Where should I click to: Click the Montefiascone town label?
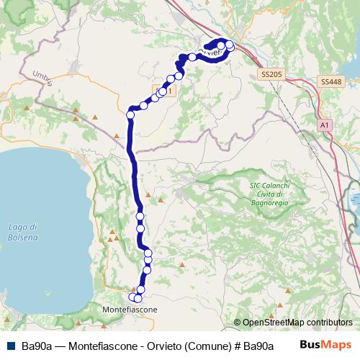pyautogui.click(x=127, y=309)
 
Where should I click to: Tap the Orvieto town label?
pyautogui.click(x=209, y=52)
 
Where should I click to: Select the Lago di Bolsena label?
pyautogui.click(x=23, y=232)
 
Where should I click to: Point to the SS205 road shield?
pyautogui.click(x=271, y=74)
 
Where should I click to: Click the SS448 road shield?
pyautogui.click(x=331, y=81)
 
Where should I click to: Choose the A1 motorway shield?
pyautogui.click(x=325, y=125)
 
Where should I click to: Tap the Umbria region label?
pyautogui.click(x=43, y=78)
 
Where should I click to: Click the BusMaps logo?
pyautogui.click(x=325, y=345)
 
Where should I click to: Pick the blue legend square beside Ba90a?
pyautogui.click(x=12, y=346)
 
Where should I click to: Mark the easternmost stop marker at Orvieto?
pyautogui.click(x=230, y=45)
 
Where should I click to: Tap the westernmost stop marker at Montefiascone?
pyautogui.click(x=132, y=297)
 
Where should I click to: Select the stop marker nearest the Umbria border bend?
pyautogui.click(x=131, y=114)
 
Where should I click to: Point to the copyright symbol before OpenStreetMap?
pyautogui.click(x=238, y=323)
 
